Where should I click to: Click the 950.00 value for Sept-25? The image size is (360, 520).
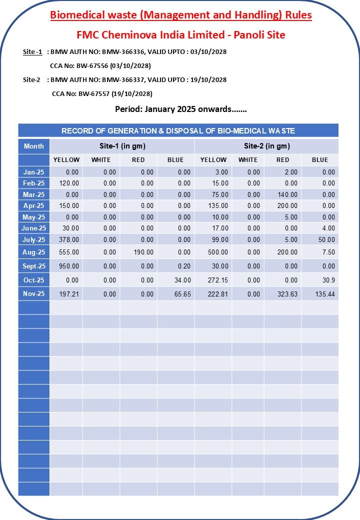click(69, 266)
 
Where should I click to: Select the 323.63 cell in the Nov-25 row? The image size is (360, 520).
click(287, 294)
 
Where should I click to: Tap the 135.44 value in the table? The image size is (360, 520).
click(325, 294)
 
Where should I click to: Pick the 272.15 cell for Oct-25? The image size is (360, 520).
click(218, 280)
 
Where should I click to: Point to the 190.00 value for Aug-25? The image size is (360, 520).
click(143, 252)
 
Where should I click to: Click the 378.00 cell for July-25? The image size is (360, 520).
click(69, 239)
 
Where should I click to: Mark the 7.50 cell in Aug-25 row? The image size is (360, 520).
click(328, 252)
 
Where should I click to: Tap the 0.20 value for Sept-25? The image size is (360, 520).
click(184, 266)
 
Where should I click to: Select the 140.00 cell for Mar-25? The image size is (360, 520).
click(287, 194)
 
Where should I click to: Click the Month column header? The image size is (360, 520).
click(34, 146)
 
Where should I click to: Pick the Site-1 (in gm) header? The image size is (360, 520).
click(122, 146)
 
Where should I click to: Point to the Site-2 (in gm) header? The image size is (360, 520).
click(267, 146)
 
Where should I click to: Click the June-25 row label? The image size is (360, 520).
click(34, 228)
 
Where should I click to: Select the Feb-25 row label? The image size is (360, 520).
click(34, 183)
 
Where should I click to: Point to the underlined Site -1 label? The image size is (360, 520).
click(32, 51)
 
